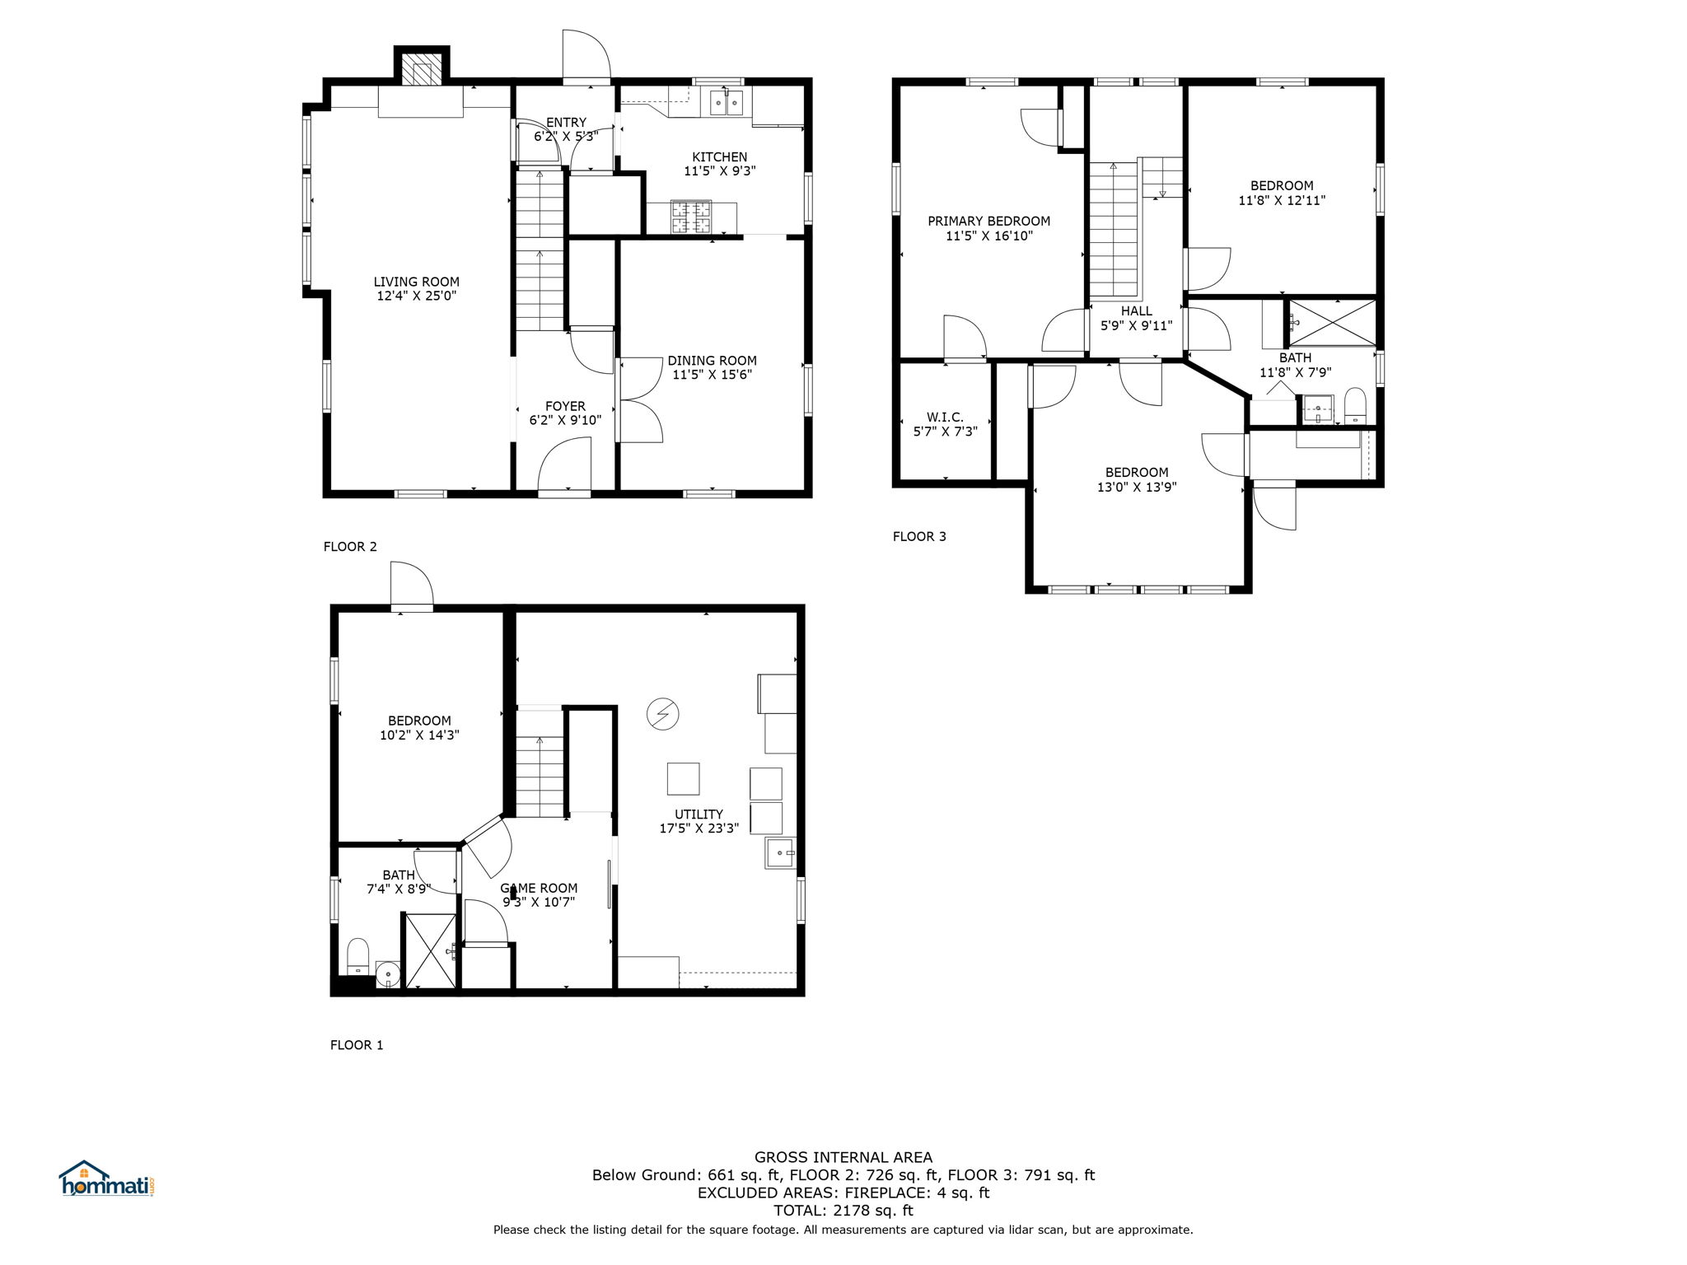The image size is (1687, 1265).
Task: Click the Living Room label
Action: click(x=417, y=289)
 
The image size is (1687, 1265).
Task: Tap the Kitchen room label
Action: click(x=720, y=164)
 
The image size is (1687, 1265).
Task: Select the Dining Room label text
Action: click(x=712, y=367)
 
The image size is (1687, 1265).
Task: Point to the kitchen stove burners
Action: click(x=692, y=217)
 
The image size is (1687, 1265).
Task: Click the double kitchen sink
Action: click(x=727, y=103)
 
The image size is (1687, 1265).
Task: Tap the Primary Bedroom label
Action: click(x=989, y=228)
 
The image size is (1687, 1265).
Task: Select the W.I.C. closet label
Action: click(x=945, y=424)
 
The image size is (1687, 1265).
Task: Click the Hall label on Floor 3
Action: click(x=1137, y=318)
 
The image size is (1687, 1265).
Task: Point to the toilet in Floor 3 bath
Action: click(x=1355, y=406)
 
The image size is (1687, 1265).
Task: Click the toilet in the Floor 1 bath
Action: click(x=358, y=955)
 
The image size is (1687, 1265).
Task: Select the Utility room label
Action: click(x=699, y=821)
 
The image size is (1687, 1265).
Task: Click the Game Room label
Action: click(x=539, y=894)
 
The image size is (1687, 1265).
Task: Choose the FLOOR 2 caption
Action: click(x=350, y=546)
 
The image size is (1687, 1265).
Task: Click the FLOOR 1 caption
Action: click(x=357, y=1045)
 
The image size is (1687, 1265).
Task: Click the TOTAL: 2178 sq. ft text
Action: click(x=843, y=1211)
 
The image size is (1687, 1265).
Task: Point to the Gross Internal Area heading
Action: click(x=843, y=1157)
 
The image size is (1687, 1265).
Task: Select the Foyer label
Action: click(x=565, y=413)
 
